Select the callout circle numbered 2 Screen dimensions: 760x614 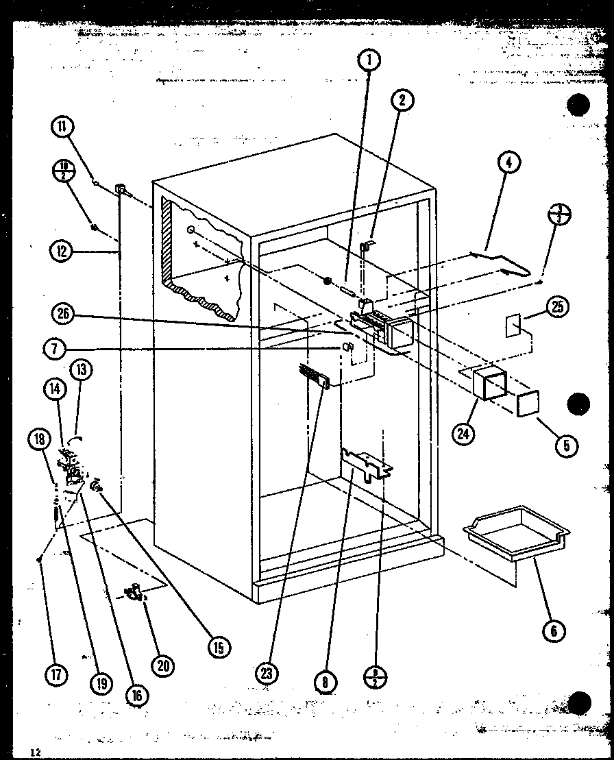tap(402, 101)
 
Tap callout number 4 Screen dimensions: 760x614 tap(508, 163)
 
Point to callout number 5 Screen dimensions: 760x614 tap(567, 446)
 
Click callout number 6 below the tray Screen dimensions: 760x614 tap(554, 630)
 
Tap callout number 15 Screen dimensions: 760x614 tap(219, 646)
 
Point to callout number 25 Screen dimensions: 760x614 tap(558, 308)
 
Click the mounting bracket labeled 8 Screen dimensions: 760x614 tap(368, 466)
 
